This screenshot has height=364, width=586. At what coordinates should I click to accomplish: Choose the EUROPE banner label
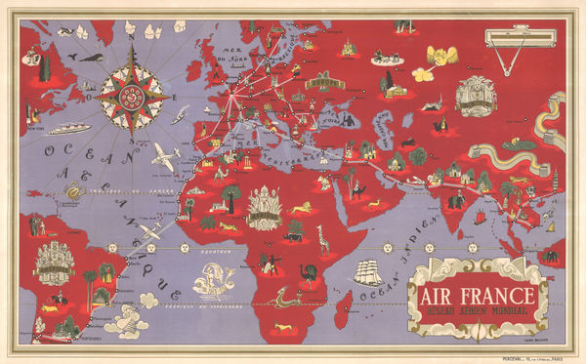click(x=322, y=84)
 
